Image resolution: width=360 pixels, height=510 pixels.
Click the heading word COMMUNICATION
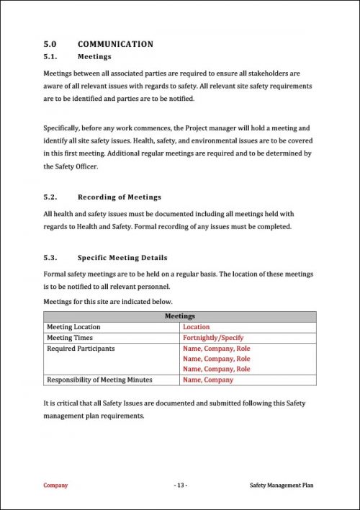pyautogui.click(x=115, y=44)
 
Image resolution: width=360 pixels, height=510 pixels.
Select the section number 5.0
pyautogui.click(x=50, y=44)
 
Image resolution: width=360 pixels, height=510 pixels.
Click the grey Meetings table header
pyautogui.click(x=179, y=316)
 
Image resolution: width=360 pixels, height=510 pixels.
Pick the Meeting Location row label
pyautogui.click(x=73, y=327)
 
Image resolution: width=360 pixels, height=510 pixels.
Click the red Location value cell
pyautogui.click(x=197, y=327)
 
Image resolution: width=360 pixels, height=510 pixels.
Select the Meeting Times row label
pyautogui.click(x=70, y=337)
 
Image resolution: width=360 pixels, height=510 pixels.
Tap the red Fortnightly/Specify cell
pyautogui.click(x=213, y=337)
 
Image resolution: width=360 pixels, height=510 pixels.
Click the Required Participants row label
pyautogui.click(x=81, y=348)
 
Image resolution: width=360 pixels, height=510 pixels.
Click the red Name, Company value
pyautogui.click(x=208, y=380)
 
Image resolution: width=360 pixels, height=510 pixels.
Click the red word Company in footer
pyautogui.click(x=55, y=486)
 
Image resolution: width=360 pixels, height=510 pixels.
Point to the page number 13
pyautogui.click(x=180, y=486)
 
